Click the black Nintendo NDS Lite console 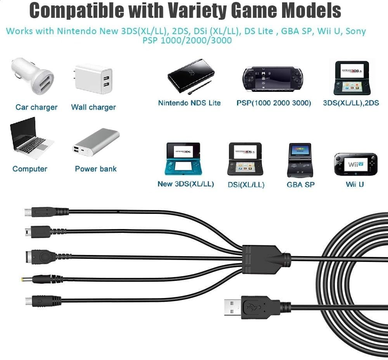pyautogui.click(x=191, y=76)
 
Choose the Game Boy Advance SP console pyautogui.click(x=300, y=160)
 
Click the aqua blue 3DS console pyautogui.click(x=183, y=158)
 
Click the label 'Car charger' pyautogui.click(x=36, y=107)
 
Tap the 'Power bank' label pyautogui.click(x=95, y=169)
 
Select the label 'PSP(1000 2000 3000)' pyautogui.click(x=274, y=103)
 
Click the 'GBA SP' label pyautogui.click(x=300, y=185)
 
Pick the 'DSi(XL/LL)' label pyautogui.click(x=246, y=185)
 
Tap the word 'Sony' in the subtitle pyautogui.click(x=356, y=31)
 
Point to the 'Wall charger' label pyautogui.click(x=94, y=107)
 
